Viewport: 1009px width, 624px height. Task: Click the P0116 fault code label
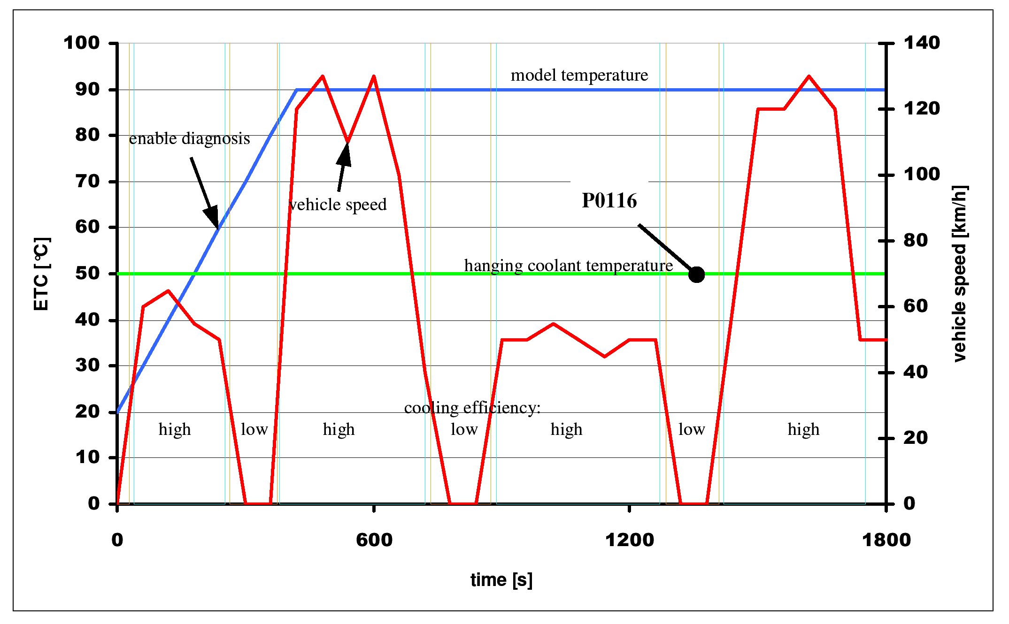(x=609, y=201)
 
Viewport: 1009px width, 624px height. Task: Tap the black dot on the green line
(x=696, y=274)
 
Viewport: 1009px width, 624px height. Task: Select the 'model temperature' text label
(x=579, y=75)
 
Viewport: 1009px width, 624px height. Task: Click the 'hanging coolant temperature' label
(x=568, y=266)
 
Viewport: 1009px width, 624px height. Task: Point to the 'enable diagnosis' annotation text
(x=189, y=139)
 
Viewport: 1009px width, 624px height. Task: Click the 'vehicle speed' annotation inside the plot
(x=338, y=205)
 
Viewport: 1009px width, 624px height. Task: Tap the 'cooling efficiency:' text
(x=472, y=408)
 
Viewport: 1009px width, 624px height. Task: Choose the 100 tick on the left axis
(x=82, y=43)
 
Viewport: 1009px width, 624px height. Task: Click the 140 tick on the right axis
(x=922, y=43)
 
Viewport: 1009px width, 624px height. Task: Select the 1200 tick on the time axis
(x=629, y=540)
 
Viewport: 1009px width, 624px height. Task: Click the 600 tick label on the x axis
(x=374, y=540)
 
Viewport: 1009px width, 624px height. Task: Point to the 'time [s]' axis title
(x=501, y=580)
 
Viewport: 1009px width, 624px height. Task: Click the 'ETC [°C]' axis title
(x=41, y=274)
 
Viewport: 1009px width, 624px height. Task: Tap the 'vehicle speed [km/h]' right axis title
(x=960, y=274)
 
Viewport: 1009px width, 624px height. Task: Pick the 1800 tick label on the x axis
(x=886, y=540)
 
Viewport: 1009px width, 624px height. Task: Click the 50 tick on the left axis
(x=88, y=274)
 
